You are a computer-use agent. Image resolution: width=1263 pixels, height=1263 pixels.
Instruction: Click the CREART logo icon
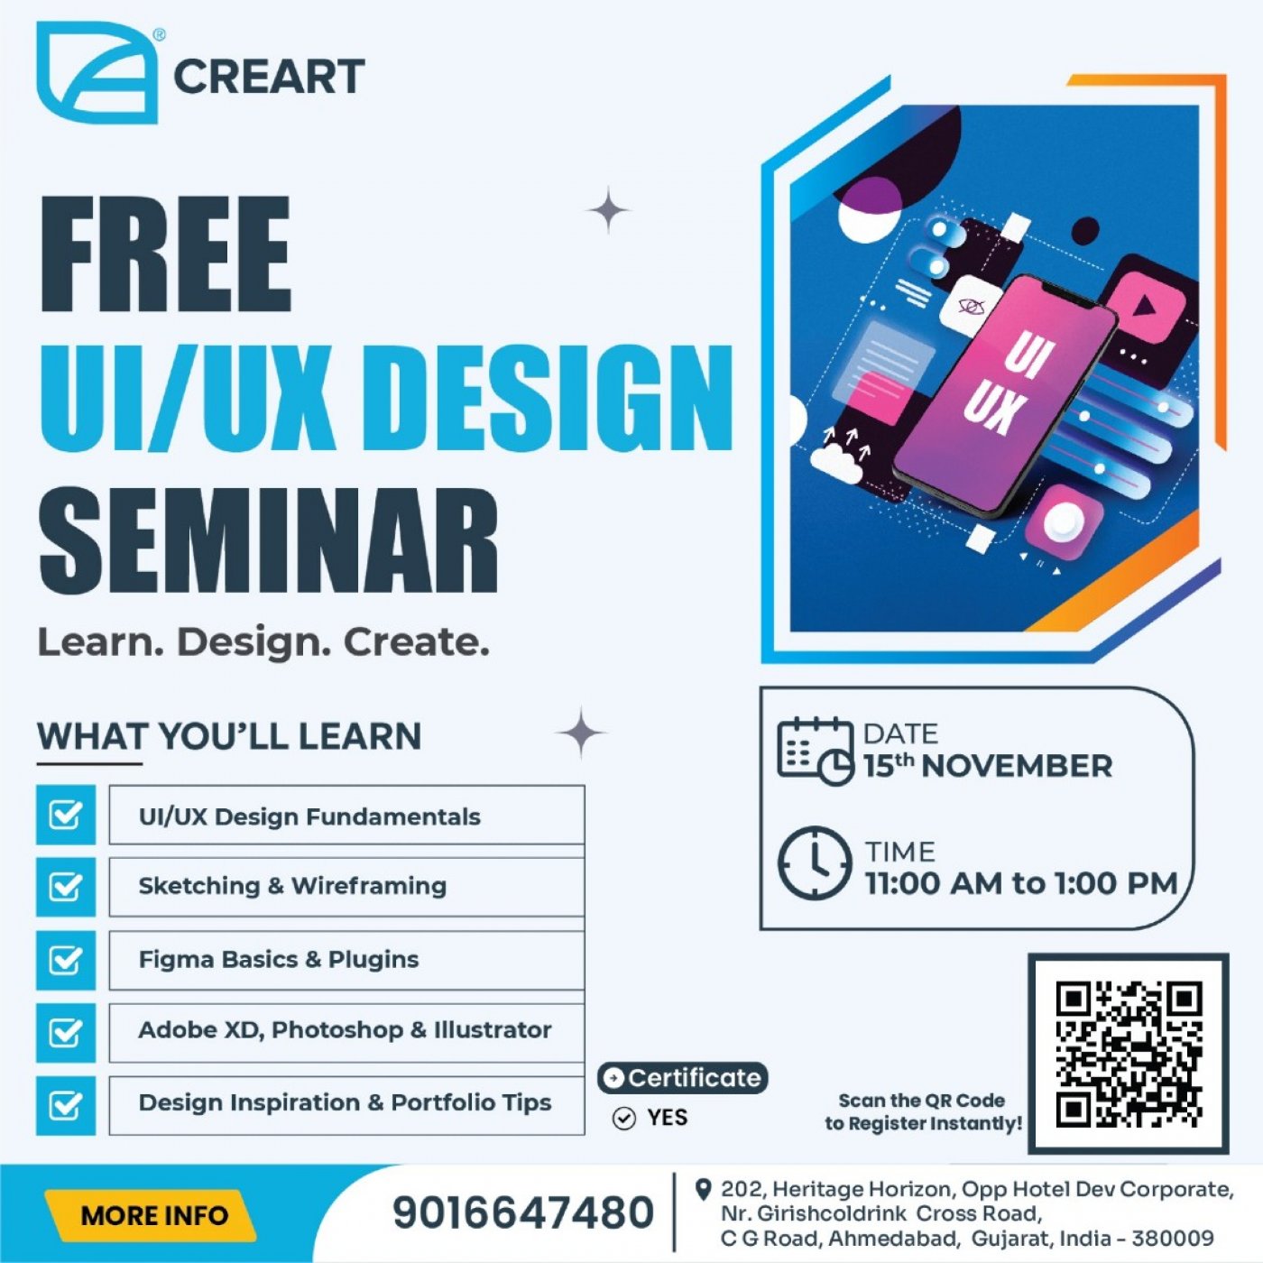tap(97, 72)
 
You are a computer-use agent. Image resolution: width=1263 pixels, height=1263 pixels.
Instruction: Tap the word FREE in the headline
tap(166, 254)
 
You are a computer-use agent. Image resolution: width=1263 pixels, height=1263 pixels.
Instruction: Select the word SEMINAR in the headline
tap(268, 540)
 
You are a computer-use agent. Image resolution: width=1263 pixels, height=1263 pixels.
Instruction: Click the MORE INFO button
tap(153, 1215)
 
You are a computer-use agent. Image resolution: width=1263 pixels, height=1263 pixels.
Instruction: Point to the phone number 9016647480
tap(522, 1212)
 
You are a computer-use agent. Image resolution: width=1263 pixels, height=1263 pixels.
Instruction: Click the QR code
tap(1129, 1053)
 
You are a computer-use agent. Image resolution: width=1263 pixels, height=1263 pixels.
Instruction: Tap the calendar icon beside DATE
tap(814, 751)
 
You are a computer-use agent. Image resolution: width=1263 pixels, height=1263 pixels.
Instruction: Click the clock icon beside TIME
tap(814, 863)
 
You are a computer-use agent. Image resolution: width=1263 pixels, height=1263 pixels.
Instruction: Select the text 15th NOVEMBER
tap(987, 766)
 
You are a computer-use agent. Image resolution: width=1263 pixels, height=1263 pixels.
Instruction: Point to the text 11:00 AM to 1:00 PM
tap(1021, 883)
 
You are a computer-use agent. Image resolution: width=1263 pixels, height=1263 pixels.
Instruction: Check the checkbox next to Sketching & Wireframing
tap(66, 887)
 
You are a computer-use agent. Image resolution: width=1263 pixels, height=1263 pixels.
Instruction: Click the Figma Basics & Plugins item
tap(346, 959)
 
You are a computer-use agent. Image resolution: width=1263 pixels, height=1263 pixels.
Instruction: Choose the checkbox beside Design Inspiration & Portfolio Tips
tap(66, 1105)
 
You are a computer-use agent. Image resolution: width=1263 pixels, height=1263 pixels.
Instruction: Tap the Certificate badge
tap(683, 1077)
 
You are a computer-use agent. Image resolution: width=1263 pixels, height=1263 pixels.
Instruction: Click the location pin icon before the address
tap(703, 1190)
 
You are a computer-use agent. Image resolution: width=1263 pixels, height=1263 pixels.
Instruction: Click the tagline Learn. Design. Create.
tap(263, 642)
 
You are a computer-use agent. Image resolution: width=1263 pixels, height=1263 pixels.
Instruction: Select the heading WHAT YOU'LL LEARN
tap(229, 736)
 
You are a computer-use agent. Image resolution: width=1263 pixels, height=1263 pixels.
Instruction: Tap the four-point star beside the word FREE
tap(609, 210)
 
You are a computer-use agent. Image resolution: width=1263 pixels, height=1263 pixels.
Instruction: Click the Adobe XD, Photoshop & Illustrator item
tap(346, 1030)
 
